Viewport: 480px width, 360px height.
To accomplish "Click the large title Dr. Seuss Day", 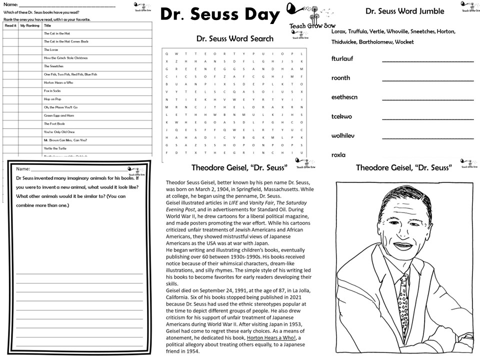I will (x=219, y=15).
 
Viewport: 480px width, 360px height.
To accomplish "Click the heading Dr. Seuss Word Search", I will (x=234, y=38).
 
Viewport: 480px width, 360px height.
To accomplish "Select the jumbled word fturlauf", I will (x=342, y=59).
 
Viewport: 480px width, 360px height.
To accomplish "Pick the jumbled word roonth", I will (x=340, y=78).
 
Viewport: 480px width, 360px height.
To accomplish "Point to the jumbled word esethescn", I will (x=344, y=97).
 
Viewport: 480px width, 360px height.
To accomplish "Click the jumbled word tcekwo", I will (x=341, y=116).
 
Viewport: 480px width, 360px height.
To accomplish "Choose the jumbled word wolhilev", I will (x=342, y=136).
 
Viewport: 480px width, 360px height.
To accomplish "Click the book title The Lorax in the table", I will (x=51, y=50).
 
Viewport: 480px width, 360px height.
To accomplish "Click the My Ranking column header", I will (x=29, y=25).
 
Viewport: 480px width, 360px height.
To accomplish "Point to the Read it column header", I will (x=10, y=25).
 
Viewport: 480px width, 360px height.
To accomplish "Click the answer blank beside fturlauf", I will (x=427, y=61).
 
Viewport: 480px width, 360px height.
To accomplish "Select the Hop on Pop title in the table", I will (x=52, y=99).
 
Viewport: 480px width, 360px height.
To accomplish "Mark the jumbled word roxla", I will (x=338, y=155).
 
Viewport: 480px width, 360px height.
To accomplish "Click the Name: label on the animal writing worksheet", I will (x=23, y=169).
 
